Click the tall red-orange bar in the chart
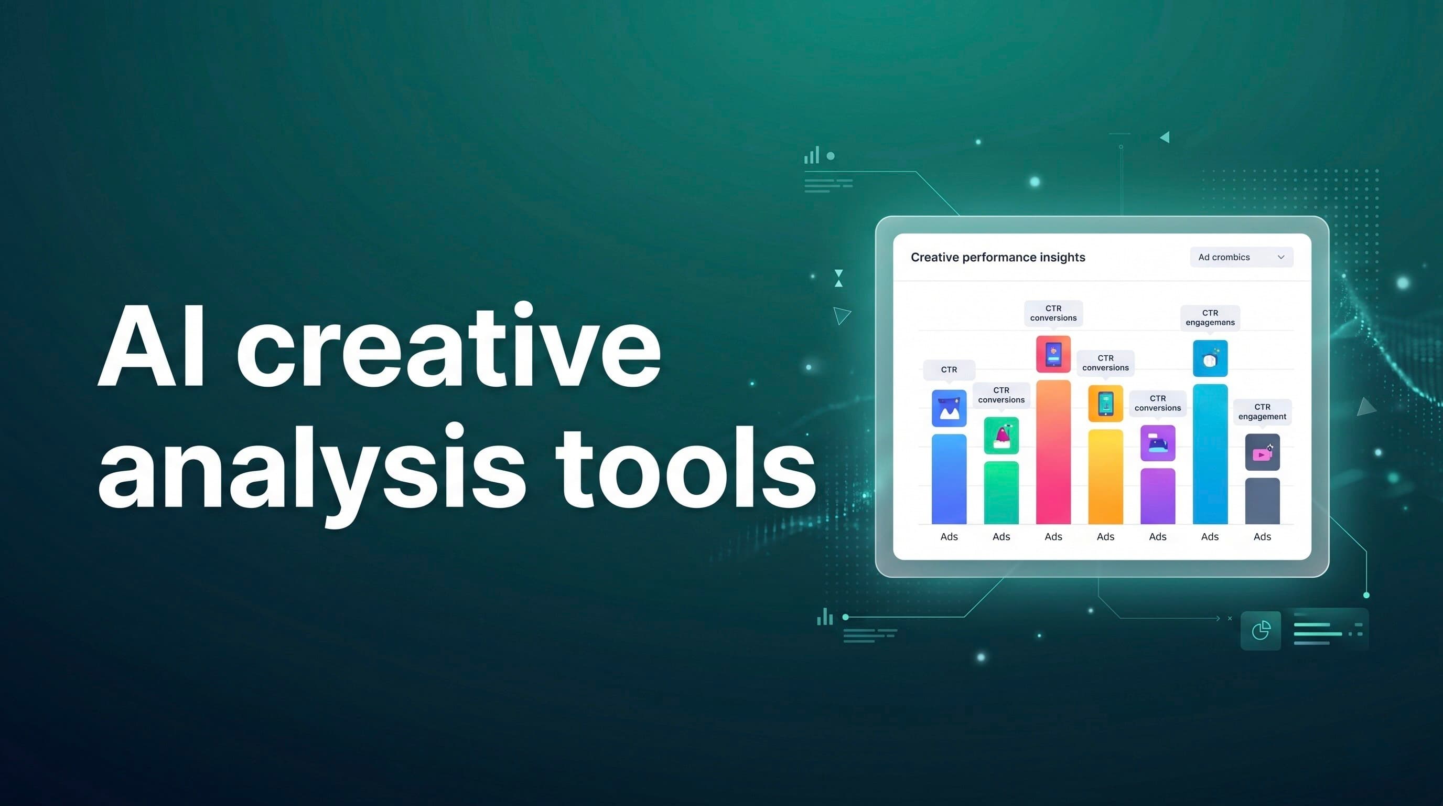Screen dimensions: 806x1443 (1053, 452)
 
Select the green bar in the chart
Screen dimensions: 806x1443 (1001, 492)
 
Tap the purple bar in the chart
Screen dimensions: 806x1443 (1157, 495)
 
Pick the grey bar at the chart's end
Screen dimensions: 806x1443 (1262, 501)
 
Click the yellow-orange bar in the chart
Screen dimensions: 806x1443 (1105, 476)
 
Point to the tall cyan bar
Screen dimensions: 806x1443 (1210, 454)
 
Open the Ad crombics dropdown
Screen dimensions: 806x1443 (1241, 257)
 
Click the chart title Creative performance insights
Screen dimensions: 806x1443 (998, 257)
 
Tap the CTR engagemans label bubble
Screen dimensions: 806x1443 (1210, 318)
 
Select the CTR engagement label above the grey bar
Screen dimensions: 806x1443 (1262, 412)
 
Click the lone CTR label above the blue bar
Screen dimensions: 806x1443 (949, 370)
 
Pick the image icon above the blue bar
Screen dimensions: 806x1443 (949, 408)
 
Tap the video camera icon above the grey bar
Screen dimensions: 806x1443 (1262, 452)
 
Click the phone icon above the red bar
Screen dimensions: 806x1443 (1053, 354)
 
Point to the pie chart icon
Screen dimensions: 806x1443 (1261, 631)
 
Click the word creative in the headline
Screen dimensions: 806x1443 (448, 351)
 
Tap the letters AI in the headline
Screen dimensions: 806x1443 (151, 347)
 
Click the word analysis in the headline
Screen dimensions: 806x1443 (311, 471)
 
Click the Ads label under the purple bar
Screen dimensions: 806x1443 (1157, 537)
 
